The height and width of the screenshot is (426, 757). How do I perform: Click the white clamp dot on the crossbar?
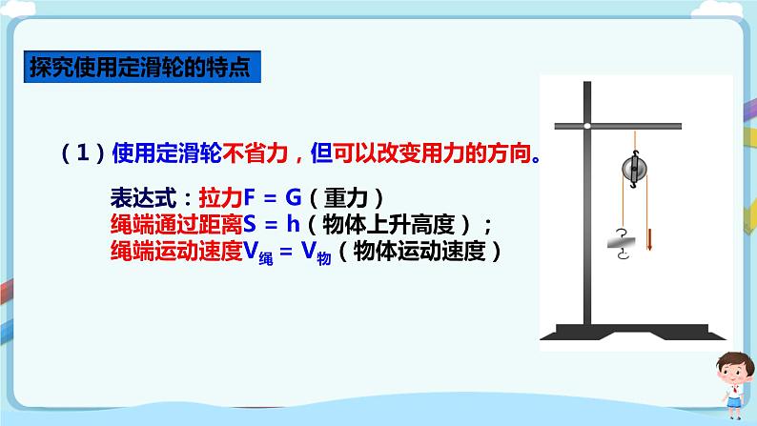click(589, 127)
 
